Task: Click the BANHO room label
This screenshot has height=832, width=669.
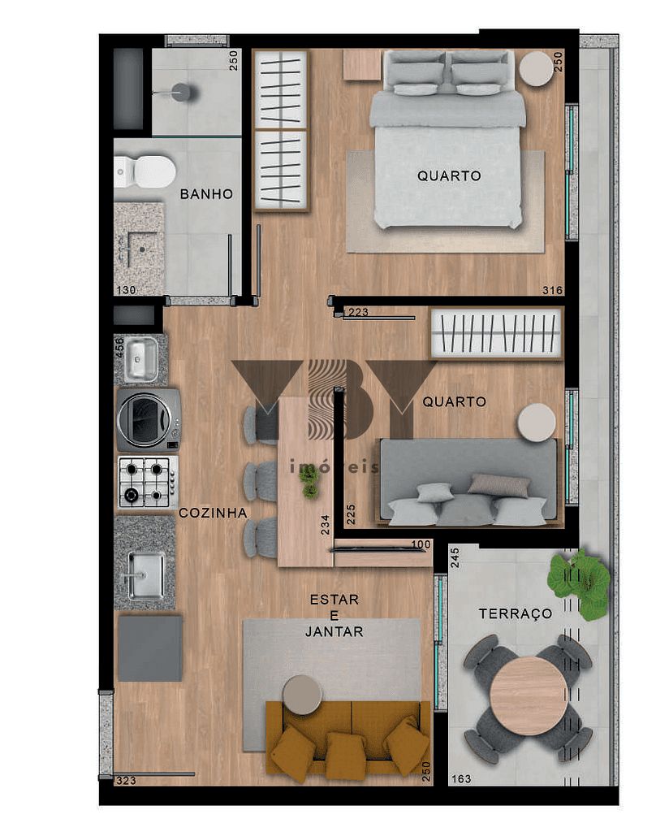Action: tap(206, 194)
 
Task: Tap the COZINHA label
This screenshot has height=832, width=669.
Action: tap(213, 513)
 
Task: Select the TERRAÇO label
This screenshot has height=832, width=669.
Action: tap(515, 613)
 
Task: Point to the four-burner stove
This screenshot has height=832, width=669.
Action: tap(147, 482)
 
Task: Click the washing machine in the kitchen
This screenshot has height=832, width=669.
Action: tap(148, 419)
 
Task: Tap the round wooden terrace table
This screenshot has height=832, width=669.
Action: tap(529, 696)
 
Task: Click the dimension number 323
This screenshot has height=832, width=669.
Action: tap(125, 780)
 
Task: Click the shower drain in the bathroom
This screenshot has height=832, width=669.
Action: tap(182, 93)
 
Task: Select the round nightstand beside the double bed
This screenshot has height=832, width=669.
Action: tap(536, 69)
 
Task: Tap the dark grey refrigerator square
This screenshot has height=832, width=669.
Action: tap(150, 648)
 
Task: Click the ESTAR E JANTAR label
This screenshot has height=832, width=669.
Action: tap(334, 615)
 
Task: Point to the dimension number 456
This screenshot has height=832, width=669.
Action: tap(119, 347)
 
